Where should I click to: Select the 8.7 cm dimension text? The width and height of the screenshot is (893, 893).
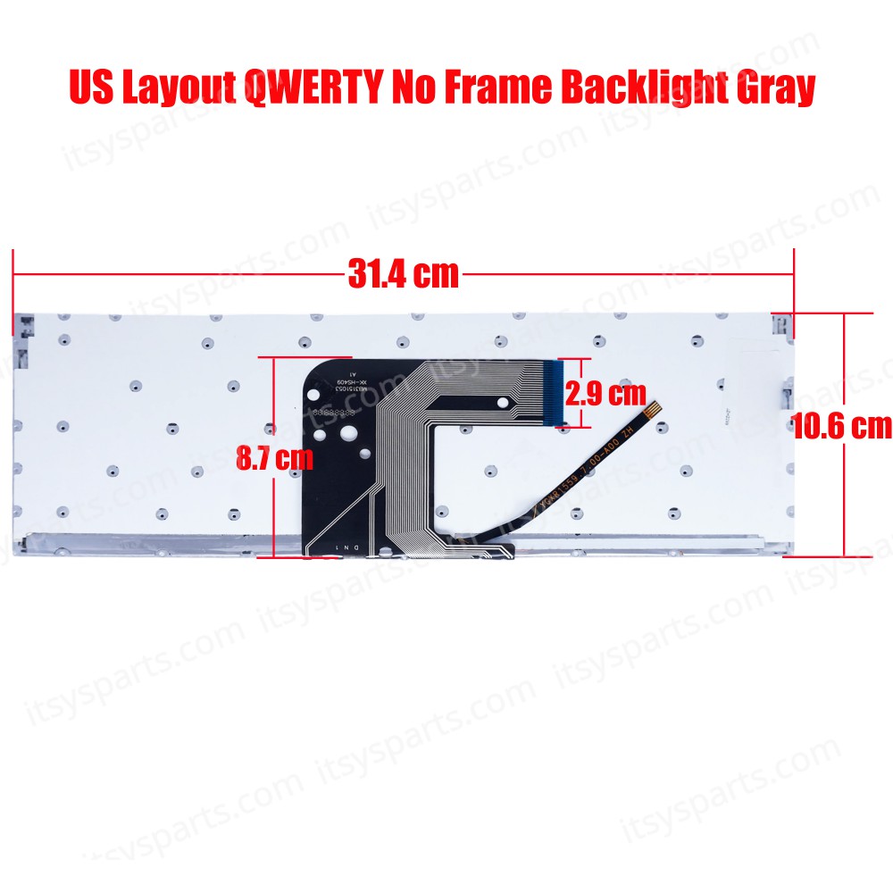click(x=274, y=459)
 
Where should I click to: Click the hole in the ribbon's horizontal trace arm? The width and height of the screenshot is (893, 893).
click(x=505, y=404)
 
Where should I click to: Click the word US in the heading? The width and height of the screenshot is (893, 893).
click(x=92, y=88)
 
